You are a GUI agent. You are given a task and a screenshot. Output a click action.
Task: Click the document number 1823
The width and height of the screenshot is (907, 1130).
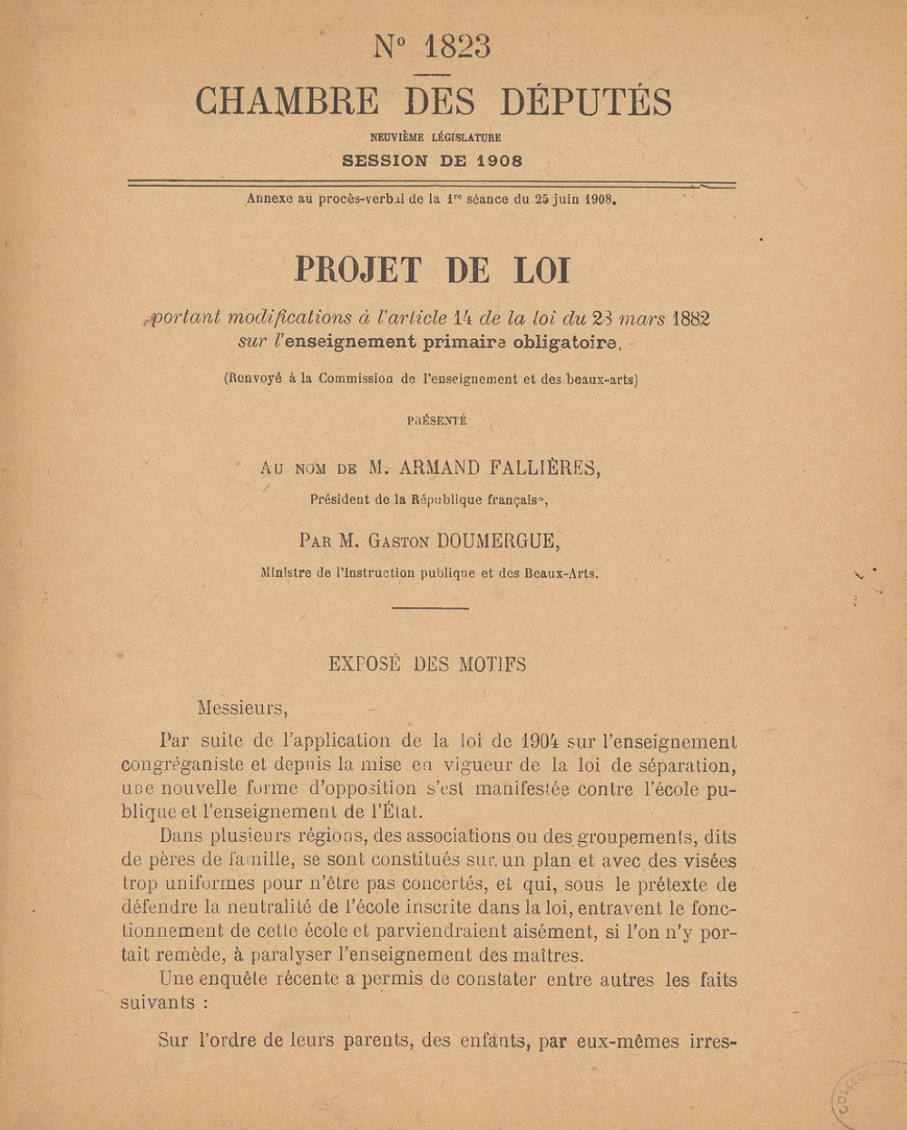click(x=456, y=46)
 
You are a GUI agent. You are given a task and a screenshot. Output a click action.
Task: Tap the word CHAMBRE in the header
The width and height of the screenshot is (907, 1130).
click(x=287, y=101)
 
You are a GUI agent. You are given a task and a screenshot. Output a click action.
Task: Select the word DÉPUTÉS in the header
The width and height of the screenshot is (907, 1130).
click(x=586, y=101)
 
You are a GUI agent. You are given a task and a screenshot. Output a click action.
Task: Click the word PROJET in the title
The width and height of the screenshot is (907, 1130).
click(x=358, y=270)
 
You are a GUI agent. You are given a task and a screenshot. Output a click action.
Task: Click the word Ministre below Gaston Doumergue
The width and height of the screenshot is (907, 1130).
click(x=287, y=573)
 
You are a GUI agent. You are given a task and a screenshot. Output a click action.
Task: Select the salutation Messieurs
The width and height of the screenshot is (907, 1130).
click(x=242, y=708)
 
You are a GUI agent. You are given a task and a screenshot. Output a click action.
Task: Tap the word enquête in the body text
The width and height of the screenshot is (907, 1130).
click(x=237, y=980)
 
